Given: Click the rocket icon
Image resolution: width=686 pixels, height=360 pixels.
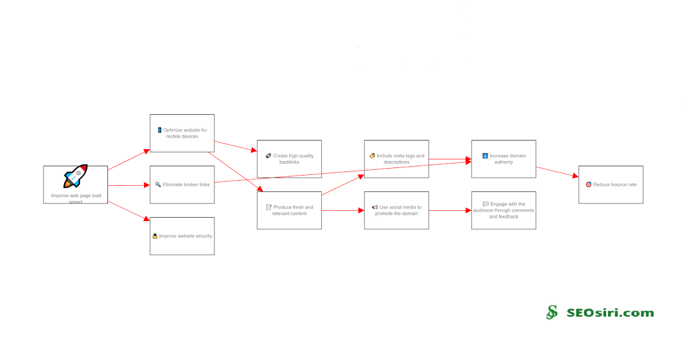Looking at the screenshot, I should (x=75, y=177).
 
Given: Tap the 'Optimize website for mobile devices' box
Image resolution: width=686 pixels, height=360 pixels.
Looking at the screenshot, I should (x=182, y=133).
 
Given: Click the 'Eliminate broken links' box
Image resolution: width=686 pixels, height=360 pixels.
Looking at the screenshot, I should (x=182, y=185).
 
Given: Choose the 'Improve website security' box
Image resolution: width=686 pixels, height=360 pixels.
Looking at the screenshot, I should (x=182, y=235).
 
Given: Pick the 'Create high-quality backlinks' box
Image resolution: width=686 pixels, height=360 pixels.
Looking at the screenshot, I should (x=289, y=159).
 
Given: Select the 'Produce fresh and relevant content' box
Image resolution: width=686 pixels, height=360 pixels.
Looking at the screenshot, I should (x=289, y=210).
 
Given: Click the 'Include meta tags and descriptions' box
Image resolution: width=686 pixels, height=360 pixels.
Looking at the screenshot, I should (x=397, y=159).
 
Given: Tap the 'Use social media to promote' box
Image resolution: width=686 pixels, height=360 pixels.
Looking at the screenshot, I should (x=397, y=210).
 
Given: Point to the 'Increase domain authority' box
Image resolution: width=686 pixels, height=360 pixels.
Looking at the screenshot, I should (x=504, y=159).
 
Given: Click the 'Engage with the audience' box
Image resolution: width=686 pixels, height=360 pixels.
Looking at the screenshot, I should (x=504, y=210).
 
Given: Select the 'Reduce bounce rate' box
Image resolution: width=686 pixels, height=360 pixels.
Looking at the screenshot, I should (x=611, y=185).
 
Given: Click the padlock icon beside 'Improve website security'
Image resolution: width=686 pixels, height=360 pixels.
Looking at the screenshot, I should (x=155, y=236).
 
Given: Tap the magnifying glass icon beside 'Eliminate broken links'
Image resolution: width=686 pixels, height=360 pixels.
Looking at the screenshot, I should (x=158, y=185).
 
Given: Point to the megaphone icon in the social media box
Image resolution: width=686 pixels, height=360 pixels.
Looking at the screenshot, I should (x=374, y=207).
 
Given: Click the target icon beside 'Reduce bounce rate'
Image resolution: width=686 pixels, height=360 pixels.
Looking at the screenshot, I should (x=588, y=185).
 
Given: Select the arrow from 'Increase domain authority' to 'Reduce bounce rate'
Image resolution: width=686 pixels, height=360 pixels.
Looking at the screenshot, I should (x=557, y=172).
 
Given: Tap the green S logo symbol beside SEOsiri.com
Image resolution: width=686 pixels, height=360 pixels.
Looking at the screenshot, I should (x=552, y=312).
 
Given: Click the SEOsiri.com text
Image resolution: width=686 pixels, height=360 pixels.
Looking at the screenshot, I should (x=610, y=313).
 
